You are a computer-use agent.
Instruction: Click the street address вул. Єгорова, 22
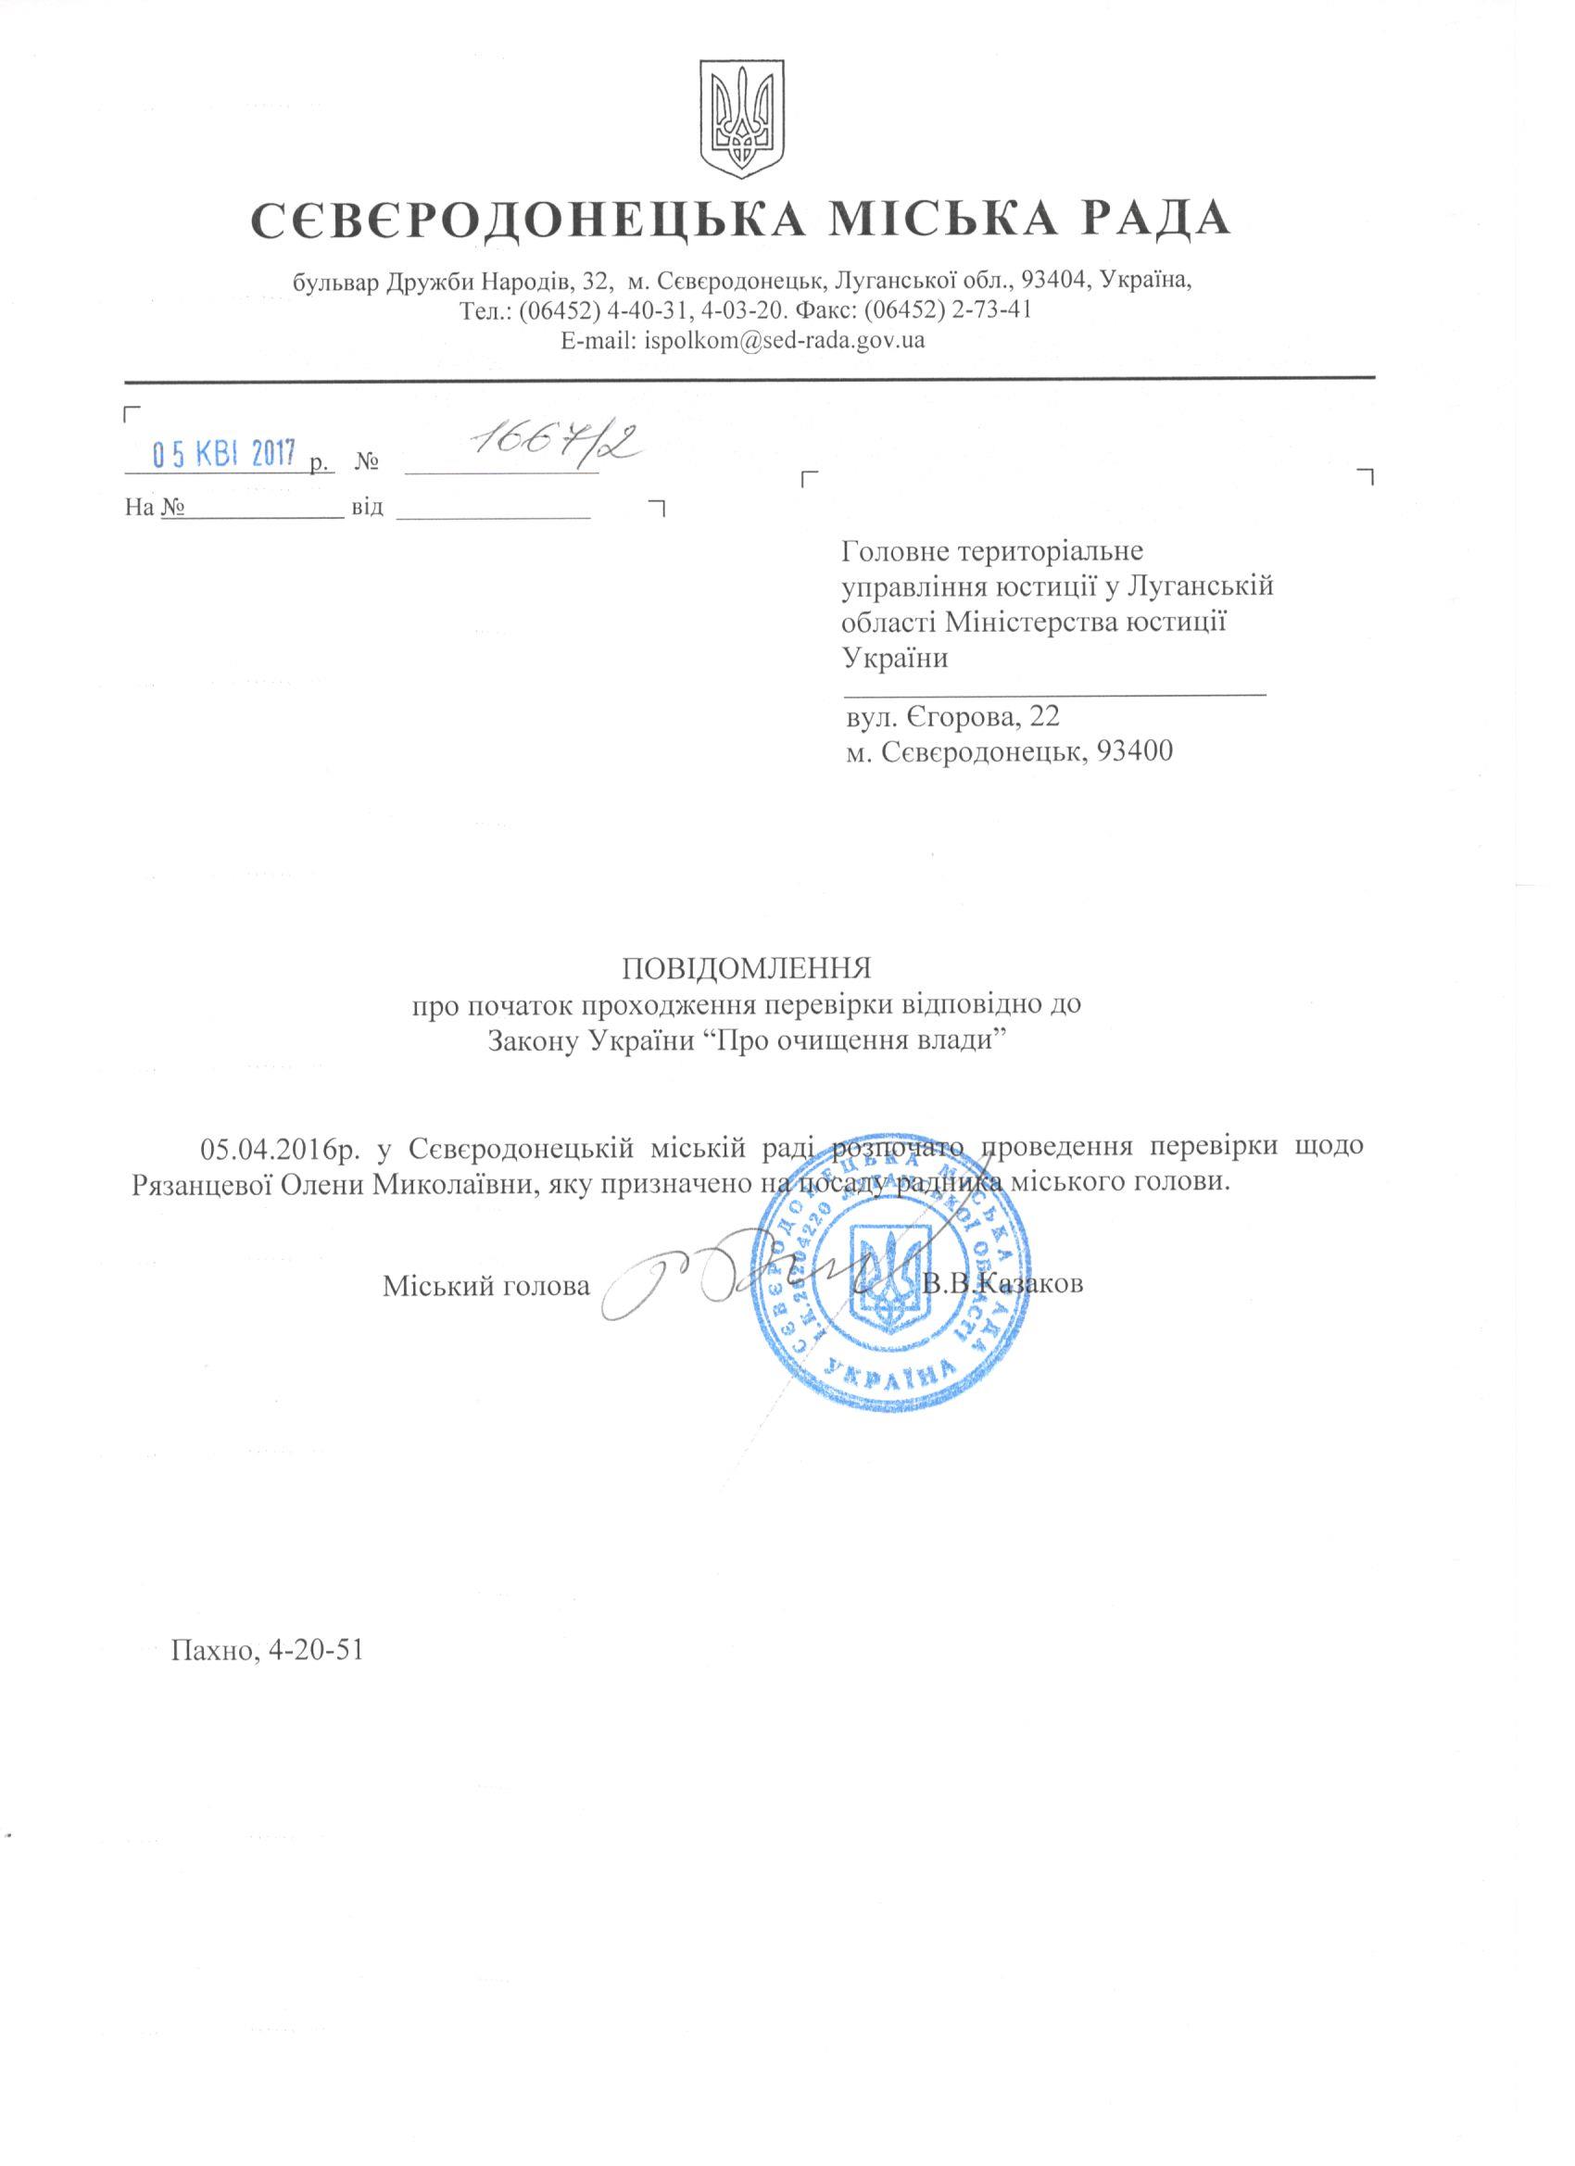[x=952, y=716]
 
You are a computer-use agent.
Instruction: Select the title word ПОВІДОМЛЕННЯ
[x=747, y=970]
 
